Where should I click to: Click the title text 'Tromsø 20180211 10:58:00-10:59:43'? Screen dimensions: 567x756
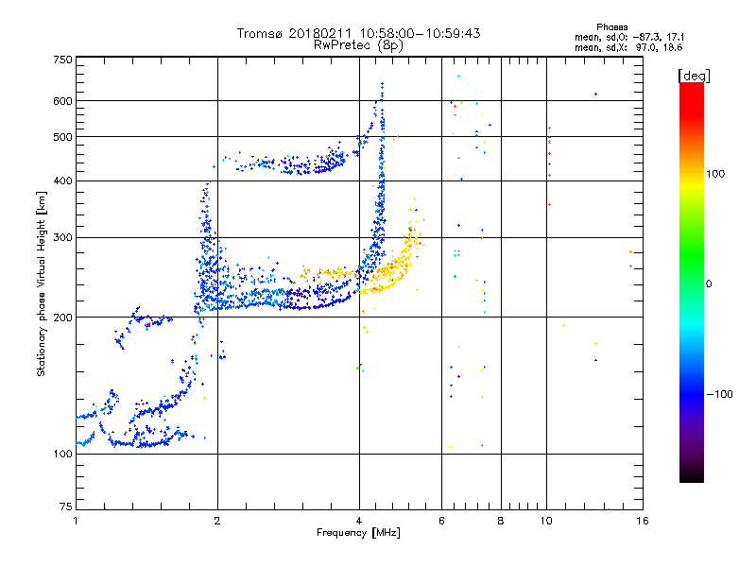coord(359,33)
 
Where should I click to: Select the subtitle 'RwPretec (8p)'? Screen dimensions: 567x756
coord(359,44)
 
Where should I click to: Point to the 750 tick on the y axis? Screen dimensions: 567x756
coord(62,60)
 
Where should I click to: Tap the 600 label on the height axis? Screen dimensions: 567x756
coord(62,101)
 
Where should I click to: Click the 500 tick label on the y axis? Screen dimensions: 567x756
coord(62,137)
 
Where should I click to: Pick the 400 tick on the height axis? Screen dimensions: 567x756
coord(62,180)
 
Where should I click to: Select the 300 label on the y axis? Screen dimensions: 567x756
coord(62,237)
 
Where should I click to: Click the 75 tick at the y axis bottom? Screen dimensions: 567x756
coord(65,507)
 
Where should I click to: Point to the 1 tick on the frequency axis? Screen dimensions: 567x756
coord(76,521)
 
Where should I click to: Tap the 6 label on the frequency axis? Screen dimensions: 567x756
coord(441,521)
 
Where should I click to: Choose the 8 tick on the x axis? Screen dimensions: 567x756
coord(501,521)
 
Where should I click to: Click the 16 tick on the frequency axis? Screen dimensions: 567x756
coord(641,521)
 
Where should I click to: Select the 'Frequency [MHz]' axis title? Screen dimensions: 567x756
coord(359,534)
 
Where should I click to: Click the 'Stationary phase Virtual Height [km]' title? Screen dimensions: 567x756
coord(42,283)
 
